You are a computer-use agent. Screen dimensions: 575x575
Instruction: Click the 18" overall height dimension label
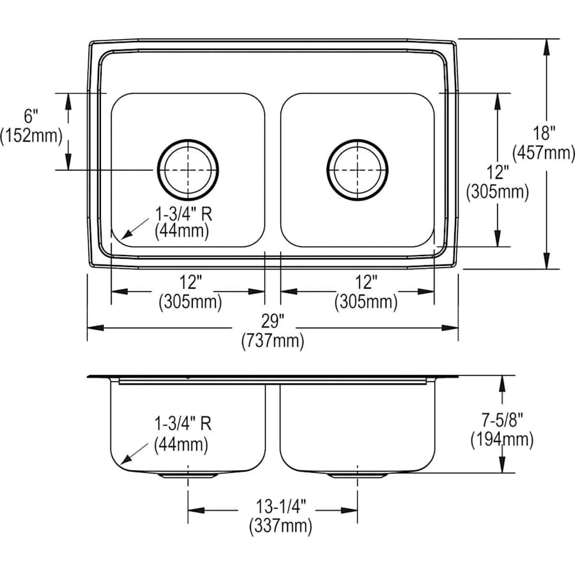pos(544,134)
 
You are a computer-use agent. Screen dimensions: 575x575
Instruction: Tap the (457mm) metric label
pos(544,152)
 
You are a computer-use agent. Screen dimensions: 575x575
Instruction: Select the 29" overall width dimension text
pos(273,322)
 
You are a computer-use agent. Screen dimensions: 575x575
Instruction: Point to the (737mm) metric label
pos(273,341)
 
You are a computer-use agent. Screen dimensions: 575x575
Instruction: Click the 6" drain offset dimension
pos(31,117)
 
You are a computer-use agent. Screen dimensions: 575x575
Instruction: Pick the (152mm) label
pos(31,135)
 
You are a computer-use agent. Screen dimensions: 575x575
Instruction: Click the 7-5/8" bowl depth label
pos(502,420)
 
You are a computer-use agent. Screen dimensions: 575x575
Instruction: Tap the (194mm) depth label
pos(502,440)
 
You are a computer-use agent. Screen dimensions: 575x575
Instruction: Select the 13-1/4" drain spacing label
pos(280,507)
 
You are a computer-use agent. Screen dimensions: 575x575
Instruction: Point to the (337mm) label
pos(280,526)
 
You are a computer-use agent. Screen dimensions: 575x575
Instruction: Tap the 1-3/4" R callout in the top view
pos(184,214)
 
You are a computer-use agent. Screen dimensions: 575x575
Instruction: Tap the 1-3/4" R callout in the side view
pos(183,424)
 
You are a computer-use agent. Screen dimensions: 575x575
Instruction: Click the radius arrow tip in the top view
pos(122,238)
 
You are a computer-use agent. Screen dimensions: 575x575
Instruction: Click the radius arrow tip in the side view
pos(122,464)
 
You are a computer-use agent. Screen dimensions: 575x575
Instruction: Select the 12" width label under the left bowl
pos(190,282)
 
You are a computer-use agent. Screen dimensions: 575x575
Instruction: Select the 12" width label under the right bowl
pos(366,282)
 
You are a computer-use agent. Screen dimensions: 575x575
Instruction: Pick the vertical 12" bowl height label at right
pos(498,172)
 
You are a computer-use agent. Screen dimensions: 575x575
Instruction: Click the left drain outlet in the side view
pos(188,475)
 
